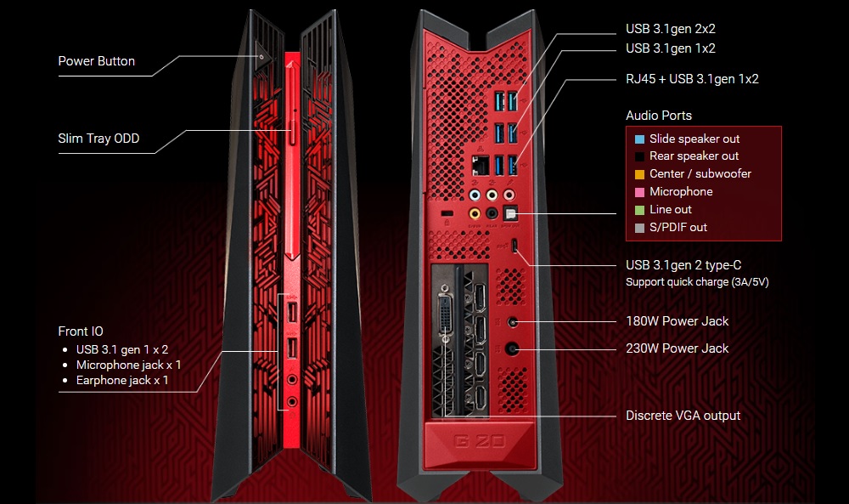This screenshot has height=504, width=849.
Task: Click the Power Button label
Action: [x=96, y=61]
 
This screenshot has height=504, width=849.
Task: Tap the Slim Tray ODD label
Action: [x=98, y=139]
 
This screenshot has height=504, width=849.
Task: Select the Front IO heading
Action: [x=81, y=331]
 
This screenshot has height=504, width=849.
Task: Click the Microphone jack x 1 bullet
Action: [x=128, y=365]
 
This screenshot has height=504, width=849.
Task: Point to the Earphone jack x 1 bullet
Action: [x=122, y=380]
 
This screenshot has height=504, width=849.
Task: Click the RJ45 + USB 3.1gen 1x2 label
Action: [x=692, y=79]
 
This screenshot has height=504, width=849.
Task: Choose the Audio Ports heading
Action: [x=659, y=116]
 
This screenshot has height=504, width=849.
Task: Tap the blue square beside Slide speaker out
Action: [x=638, y=139]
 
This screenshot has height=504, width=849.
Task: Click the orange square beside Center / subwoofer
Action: [x=638, y=174]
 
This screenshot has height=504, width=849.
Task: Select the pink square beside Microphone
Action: [x=638, y=192]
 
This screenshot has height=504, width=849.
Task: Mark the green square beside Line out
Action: [x=638, y=210]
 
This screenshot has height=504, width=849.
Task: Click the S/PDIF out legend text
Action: [x=678, y=228]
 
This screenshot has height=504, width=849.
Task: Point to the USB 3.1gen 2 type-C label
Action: [x=689, y=265]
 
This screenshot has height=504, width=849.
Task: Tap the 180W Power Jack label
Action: [x=677, y=321]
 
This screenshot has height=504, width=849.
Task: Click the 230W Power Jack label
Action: [x=677, y=348]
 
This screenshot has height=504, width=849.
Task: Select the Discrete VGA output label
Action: [x=683, y=416]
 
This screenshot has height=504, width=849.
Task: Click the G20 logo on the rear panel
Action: [x=479, y=442]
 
